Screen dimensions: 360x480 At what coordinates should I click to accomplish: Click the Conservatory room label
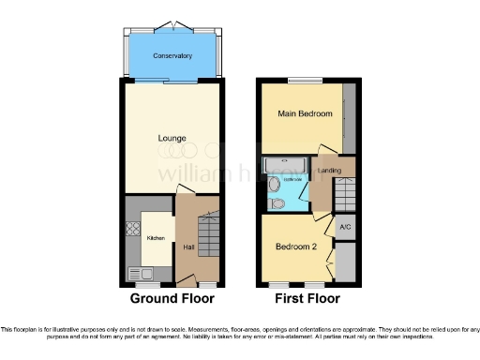(172, 56)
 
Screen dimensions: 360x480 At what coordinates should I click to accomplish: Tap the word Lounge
(172, 139)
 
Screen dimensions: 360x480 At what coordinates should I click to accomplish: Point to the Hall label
(188, 247)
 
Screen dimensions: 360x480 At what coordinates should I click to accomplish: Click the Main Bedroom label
(305, 113)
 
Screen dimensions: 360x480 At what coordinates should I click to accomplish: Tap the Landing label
(329, 170)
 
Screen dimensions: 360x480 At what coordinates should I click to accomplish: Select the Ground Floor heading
(172, 299)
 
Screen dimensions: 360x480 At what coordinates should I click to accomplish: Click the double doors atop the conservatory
(172, 23)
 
